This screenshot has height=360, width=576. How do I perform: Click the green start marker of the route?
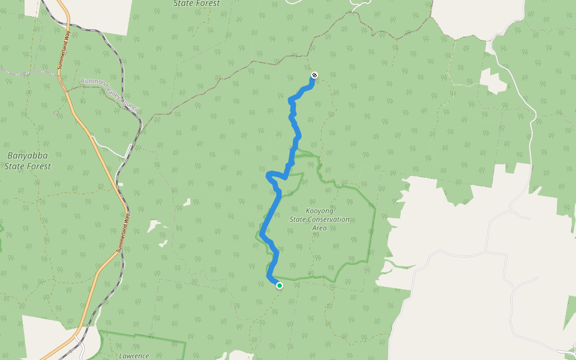tap(280, 286)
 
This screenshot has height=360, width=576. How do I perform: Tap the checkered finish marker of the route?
tap(314, 76)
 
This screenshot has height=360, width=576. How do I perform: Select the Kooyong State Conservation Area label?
tap(319, 220)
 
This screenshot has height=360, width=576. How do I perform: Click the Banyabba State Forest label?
tap(28, 161)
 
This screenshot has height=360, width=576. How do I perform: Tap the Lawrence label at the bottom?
tap(134, 356)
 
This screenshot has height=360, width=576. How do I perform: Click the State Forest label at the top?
tap(196, 4)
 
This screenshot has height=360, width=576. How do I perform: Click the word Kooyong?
tap(319, 211)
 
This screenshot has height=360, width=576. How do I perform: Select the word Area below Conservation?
tap(319, 228)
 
